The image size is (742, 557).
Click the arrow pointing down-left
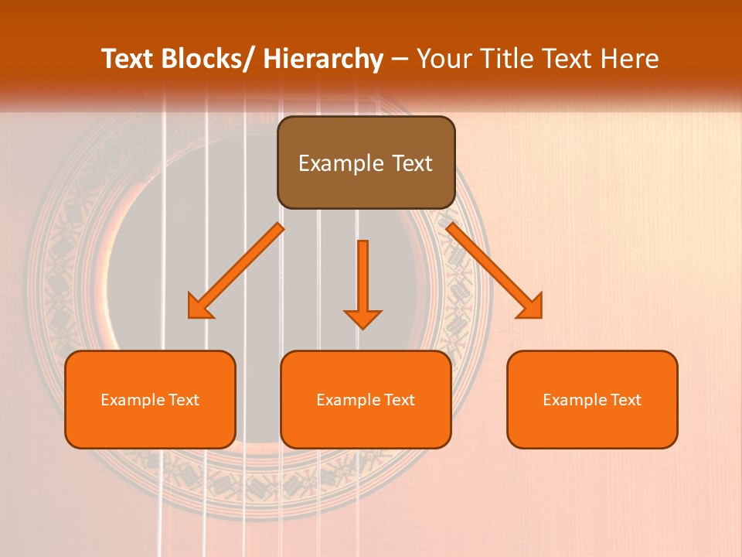pos(236,271)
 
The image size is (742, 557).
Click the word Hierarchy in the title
pos(323,59)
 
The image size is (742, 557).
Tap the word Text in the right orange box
pos(625,400)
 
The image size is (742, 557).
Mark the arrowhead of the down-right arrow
pos(533,308)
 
